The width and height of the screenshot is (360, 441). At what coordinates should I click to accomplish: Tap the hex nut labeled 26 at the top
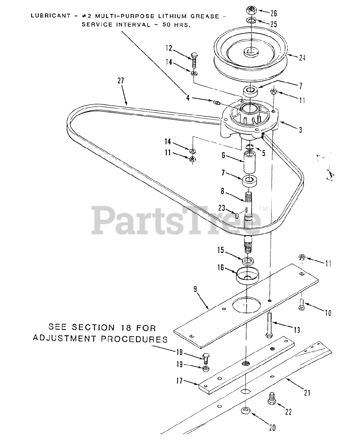[251, 10]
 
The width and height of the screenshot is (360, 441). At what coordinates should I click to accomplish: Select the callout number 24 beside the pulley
[302, 58]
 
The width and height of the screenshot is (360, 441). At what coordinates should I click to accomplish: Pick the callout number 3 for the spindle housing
[300, 130]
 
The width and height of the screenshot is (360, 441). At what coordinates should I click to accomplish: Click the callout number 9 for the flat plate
[195, 289]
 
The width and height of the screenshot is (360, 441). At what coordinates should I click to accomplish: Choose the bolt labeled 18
[206, 358]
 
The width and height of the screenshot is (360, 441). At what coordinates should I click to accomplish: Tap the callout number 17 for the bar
[188, 381]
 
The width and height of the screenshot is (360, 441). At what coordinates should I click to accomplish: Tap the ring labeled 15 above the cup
[247, 260]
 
